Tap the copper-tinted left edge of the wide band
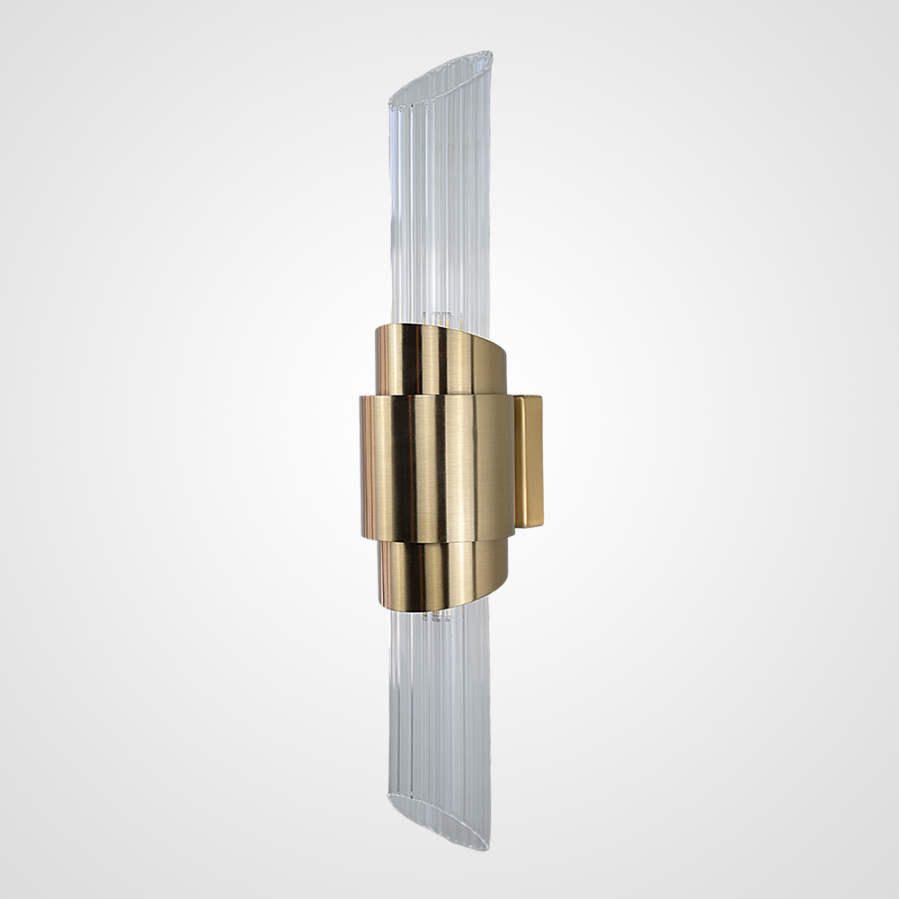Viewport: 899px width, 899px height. [x=366, y=467]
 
